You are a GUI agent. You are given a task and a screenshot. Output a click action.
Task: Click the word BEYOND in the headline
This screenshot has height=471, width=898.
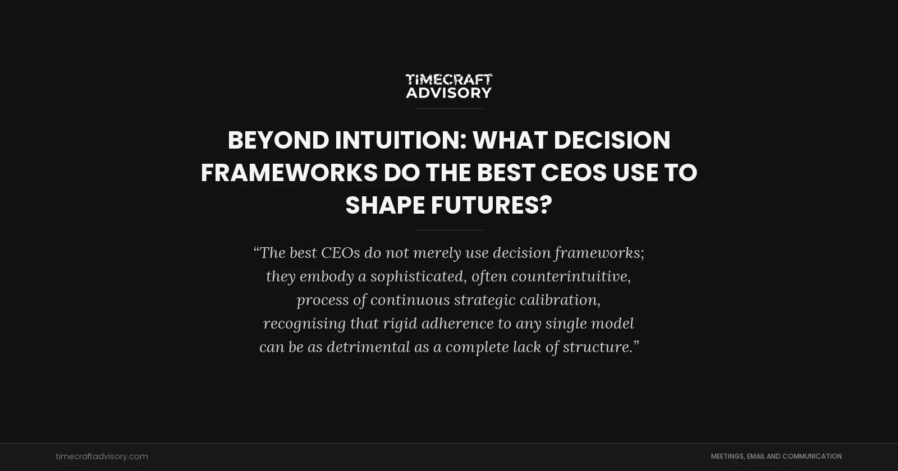coord(278,140)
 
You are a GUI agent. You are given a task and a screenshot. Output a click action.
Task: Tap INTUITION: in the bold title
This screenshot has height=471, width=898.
coord(401,140)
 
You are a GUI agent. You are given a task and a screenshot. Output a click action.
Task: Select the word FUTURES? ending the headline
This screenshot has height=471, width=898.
coord(491,205)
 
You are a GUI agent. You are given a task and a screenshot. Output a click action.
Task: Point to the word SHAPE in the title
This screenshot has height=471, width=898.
coord(385,205)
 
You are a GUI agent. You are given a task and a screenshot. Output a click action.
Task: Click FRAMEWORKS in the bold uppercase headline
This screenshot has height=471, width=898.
coord(289,173)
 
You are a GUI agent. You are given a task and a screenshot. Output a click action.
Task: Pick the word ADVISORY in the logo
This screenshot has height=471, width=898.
coord(449,93)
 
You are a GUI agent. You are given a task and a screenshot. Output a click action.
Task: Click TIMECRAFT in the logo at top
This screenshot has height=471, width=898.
coord(449,79)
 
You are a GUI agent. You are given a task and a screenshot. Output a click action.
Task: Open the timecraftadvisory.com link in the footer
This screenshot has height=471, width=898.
coord(102,456)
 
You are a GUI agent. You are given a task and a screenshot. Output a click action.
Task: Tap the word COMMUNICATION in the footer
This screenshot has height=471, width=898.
coord(812,456)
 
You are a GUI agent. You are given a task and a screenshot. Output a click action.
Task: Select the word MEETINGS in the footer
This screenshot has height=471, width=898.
coord(727,456)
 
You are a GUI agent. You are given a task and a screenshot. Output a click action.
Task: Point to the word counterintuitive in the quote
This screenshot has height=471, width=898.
coord(571,276)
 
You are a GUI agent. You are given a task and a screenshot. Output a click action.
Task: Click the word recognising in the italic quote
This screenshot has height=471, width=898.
coord(304,324)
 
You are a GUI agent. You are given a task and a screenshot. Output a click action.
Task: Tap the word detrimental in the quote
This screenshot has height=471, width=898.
coord(368,347)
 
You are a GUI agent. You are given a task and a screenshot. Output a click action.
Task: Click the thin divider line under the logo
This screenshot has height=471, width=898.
coord(449,108)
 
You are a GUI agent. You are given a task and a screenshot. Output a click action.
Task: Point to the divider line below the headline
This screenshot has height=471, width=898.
coord(449,230)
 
